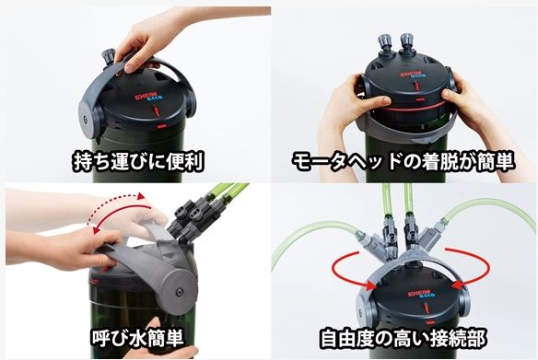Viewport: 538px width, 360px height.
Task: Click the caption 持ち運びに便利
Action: [x=138, y=161]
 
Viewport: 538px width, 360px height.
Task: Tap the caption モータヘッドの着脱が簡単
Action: [x=403, y=161]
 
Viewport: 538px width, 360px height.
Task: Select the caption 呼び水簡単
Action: [x=137, y=337]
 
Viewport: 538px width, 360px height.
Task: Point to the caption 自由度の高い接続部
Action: [x=403, y=338]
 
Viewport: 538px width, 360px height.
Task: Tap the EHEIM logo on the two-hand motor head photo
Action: [x=412, y=75]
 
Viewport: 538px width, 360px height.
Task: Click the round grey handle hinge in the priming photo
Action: [x=178, y=291]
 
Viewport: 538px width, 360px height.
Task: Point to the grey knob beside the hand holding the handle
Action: [x=108, y=57]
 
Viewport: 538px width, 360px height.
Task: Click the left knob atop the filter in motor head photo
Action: [x=384, y=43]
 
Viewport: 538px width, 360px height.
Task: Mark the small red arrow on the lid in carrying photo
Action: [x=157, y=111]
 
